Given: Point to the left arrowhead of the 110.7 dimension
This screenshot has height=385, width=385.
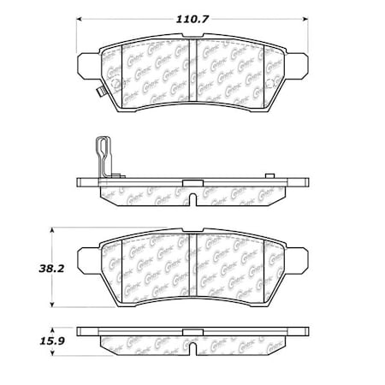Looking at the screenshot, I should click(x=80, y=18).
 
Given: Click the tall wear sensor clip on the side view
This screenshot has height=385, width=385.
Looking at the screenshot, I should click(x=104, y=155).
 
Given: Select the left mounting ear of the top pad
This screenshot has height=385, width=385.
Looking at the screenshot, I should click(x=87, y=63).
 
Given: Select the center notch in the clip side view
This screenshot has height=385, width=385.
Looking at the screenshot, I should click(x=192, y=198).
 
